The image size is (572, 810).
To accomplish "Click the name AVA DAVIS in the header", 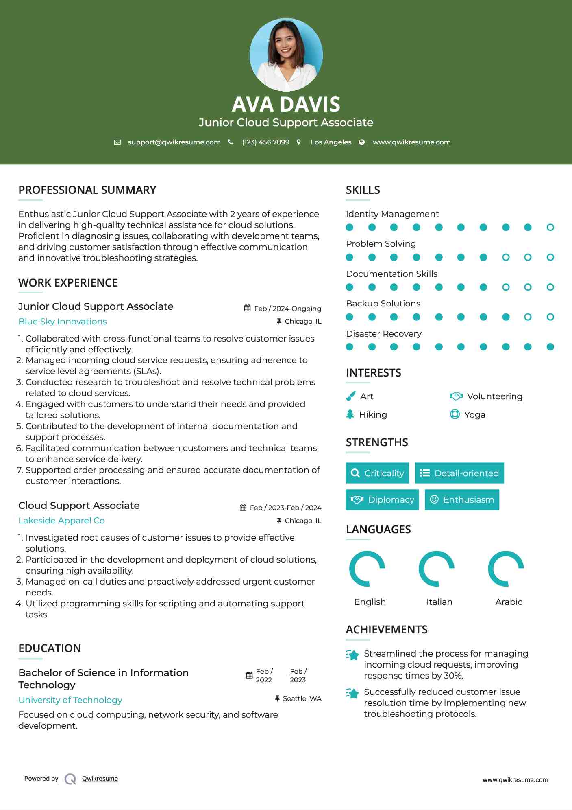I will tap(286, 104).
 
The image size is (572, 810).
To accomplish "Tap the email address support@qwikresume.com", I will tap(174, 142).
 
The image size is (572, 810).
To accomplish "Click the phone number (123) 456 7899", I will tap(265, 142).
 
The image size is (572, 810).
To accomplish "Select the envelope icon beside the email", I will tap(117, 142).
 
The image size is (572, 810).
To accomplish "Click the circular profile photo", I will tap(286, 55).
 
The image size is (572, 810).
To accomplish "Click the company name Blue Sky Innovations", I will tap(63, 322).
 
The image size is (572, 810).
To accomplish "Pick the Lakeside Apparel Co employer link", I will tap(61, 521).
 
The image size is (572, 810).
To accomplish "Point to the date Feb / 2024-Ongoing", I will tap(287, 309).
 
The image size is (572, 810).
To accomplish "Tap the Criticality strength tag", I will tap(377, 473).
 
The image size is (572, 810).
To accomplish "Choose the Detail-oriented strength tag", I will tap(459, 473).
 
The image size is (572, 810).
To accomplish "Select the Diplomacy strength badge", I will tap(382, 499).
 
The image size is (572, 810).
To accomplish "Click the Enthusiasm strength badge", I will tap(462, 499).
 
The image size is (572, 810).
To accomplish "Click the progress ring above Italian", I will tap(436, 569).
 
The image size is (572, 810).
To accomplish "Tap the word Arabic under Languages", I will tap(509, 602).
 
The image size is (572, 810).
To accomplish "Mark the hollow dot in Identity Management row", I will tap(550, 227).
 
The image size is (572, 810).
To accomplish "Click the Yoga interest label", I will tap(474, 415).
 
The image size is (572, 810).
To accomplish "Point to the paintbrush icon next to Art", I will tap(350, 396).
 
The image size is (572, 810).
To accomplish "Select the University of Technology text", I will tap(70, 700).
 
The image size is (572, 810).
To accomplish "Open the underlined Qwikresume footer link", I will tap(100, 779).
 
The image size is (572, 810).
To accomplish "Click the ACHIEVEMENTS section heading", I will tap(387, 630).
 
